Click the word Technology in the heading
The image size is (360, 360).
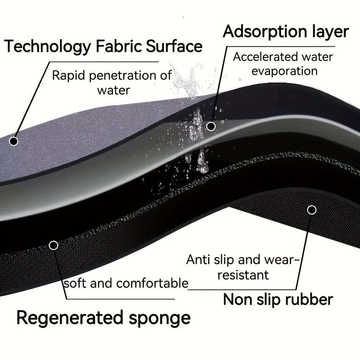pyautogui.click(x=48, y=47)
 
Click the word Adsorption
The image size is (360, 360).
pyautogui.click(x=265, y=32)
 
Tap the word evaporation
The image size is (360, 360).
pyautogui.click(x=284, y=71)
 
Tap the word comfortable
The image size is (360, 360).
pyautogui.click(x=152, y=283)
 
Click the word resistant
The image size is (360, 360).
pyautogui.click(x=243, y=275)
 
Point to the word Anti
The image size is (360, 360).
pyautogui.click(x=198, y=259)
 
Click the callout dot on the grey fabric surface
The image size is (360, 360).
pyautogui.click(x=13, y=141)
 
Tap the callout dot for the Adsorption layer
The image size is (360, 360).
pyautogui.click(x=211, y=126)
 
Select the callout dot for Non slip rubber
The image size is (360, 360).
pyautogui.click(x=312, y=210)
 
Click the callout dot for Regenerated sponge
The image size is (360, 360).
pyautogui.click(x=53, y=245)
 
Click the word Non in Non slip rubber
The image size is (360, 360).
pyautogui.click(x=237, y=300)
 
